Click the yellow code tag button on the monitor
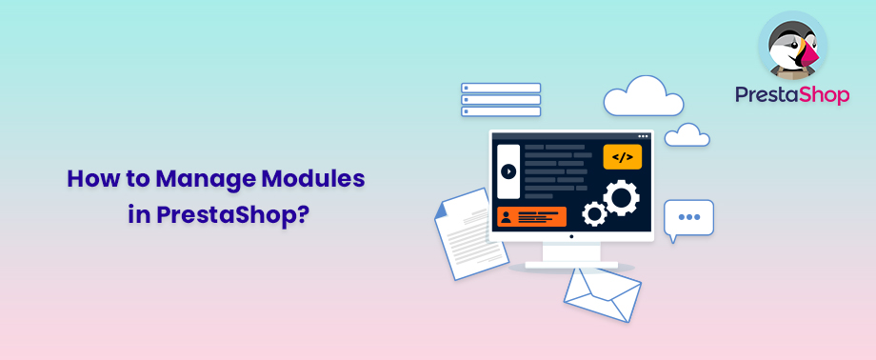pos(623,156)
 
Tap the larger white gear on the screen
pos(621,198)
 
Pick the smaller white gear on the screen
pos(595,214)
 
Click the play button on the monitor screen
pos(508,171)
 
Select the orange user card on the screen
pos(531,216)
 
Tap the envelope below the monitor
pos(602,294)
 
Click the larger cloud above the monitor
pos(643,98)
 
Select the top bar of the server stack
pos(501,88)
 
